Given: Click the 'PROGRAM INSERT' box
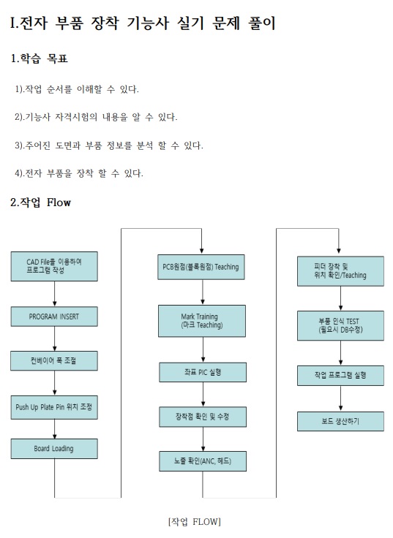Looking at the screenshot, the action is tap(54, 317).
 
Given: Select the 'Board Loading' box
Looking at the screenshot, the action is tap(54, 449).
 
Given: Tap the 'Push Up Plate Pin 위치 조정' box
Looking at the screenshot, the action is tap(54, 407).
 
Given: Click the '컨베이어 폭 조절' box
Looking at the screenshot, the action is tap(54, 360).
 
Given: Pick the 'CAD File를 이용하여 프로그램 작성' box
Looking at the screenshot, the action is tap(54, 266).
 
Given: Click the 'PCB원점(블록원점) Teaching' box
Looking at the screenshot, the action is tap(201, 267).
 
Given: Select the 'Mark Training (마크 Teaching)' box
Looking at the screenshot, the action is tap(202, 321).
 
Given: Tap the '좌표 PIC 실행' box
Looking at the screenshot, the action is tap(203, 372).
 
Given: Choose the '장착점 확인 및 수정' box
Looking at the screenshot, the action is tap(203, 417).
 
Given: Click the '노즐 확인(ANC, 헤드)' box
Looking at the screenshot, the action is tap(203, 461).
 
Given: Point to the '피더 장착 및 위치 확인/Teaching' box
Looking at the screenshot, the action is tap(340, 271).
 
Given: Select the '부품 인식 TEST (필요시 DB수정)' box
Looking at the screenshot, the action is tap(340, 325).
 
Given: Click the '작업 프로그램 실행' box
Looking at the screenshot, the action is tap(340, 376).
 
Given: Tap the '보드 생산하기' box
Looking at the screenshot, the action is tap(340, 421).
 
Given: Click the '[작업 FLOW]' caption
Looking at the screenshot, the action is tap(195, 522).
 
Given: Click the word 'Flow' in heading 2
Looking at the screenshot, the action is tap(59, 202).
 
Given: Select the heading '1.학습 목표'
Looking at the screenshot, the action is tap(40, 58).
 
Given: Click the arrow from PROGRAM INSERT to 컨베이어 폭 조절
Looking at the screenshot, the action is tap(54, 338).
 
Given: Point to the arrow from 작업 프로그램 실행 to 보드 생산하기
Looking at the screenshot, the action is tap(340, 398).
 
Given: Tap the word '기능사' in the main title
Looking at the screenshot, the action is tap(147, 23).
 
